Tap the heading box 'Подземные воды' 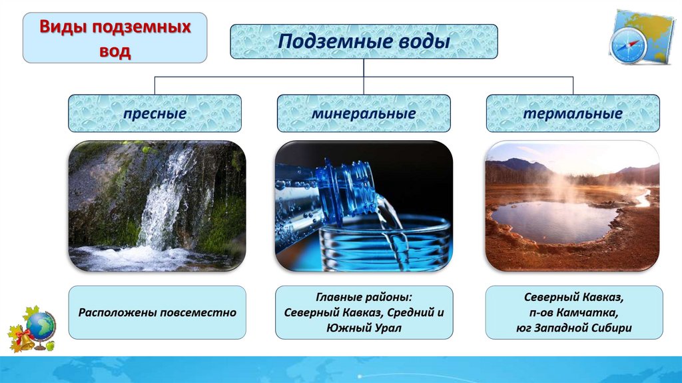click(364, 41)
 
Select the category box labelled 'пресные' click(155, 113)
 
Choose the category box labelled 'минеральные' click(364, 113)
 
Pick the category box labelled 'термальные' click(573, 113)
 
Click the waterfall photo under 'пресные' click(157, 206)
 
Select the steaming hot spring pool click(555, 221)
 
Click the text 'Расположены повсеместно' click(157, 312)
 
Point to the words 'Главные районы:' click(364, 297)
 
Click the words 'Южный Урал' click(364, 328)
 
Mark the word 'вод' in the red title click(115, 51)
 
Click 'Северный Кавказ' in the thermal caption click(573, 297)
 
